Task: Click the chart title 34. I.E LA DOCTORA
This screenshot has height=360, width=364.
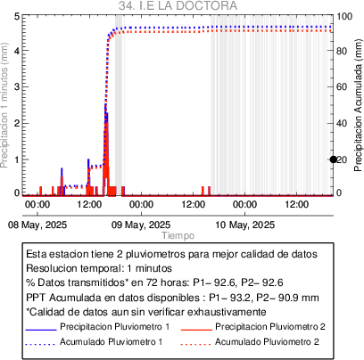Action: click(x=178, y=5)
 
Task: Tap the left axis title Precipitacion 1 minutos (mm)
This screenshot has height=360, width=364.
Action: click(x=4, y=105)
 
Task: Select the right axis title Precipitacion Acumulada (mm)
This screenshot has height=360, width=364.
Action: click(x=358, y=105)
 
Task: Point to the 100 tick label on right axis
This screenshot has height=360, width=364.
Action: click(x=344, y=16)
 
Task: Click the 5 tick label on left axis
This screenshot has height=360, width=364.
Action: click(x=17, y=16)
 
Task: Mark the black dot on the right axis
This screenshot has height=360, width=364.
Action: click(x=334, y=160)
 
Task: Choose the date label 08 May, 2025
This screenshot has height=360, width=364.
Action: click(x=37, y=225)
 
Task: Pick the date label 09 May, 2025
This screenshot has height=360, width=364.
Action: click(x=141, y=225)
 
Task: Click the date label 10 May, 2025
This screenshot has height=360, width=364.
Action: click(x=244, y=225)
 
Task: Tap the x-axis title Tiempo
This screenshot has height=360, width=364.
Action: click(x=178, y=235)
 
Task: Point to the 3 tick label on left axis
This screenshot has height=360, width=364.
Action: click(x=17, y=86)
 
